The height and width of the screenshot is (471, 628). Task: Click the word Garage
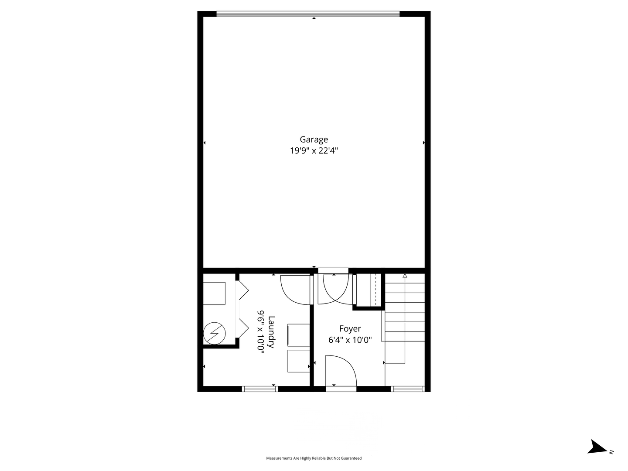314,140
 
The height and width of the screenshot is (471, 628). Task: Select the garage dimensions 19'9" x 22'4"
314,151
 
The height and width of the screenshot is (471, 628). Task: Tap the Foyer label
350,329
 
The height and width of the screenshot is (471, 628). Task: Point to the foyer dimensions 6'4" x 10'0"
350,340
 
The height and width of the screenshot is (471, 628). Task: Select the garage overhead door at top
308,14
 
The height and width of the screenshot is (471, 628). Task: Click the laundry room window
260,389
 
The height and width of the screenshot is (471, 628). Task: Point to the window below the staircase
407,389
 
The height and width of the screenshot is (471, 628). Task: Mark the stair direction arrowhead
405,276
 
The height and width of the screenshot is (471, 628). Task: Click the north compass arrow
597,447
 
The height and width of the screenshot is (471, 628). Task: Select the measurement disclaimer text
314,458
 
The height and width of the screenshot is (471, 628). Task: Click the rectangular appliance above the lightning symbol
214,294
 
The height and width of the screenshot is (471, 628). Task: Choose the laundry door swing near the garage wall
296,290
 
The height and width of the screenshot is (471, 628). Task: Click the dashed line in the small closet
375,290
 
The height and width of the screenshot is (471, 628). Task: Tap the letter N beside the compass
611,452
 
